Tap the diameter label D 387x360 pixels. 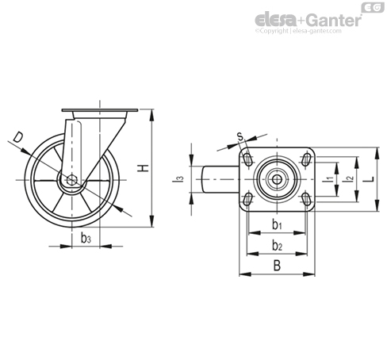coord(18,138)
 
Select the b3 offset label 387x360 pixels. coord(86,238)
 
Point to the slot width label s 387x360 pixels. coord(239,136)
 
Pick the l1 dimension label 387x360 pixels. coord(328,179)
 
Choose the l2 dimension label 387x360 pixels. coord(347,179)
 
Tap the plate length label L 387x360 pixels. coord(371,179)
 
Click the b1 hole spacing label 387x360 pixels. coord(277,225)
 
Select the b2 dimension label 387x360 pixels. coord(277,246)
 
